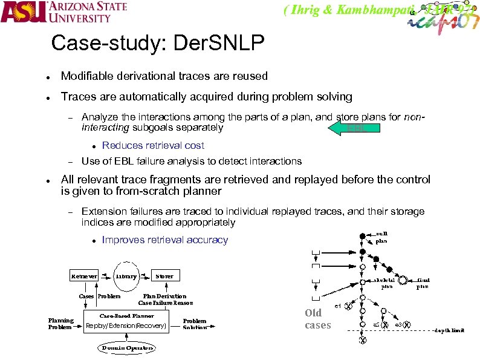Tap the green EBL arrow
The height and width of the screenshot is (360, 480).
[x=354, y=127]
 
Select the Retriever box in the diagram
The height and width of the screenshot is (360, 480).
[x=84, y=276]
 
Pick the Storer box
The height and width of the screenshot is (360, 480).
[x=164, y=276]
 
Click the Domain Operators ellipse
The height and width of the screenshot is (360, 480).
[x=127, y=348]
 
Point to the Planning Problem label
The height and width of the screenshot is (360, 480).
[x=61, y=324]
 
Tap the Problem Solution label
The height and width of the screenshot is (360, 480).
[x=195, y=324]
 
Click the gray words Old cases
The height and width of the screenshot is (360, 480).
[x=318, y=319]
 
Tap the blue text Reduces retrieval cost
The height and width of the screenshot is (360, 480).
[x=153, y=145]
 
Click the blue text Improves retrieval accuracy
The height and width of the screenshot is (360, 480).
[x=165, y=240]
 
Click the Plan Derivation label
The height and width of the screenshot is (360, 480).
[x=165, y=296]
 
